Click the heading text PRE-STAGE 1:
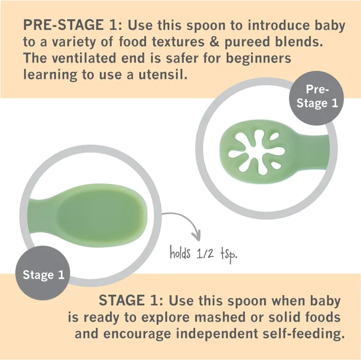pos(73,25)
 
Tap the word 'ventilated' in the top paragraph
pos(84,58)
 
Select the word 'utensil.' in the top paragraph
pos(163,74)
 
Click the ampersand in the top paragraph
pos(214,42)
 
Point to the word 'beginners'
pos(258,59)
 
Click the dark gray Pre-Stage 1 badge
pos(316,98)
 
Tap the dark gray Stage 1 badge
pos(43,273)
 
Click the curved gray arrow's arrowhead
pos(196,236)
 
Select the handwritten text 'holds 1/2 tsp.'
pos(203,254)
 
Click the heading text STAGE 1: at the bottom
pos(131,300)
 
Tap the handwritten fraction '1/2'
pos(205,254)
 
